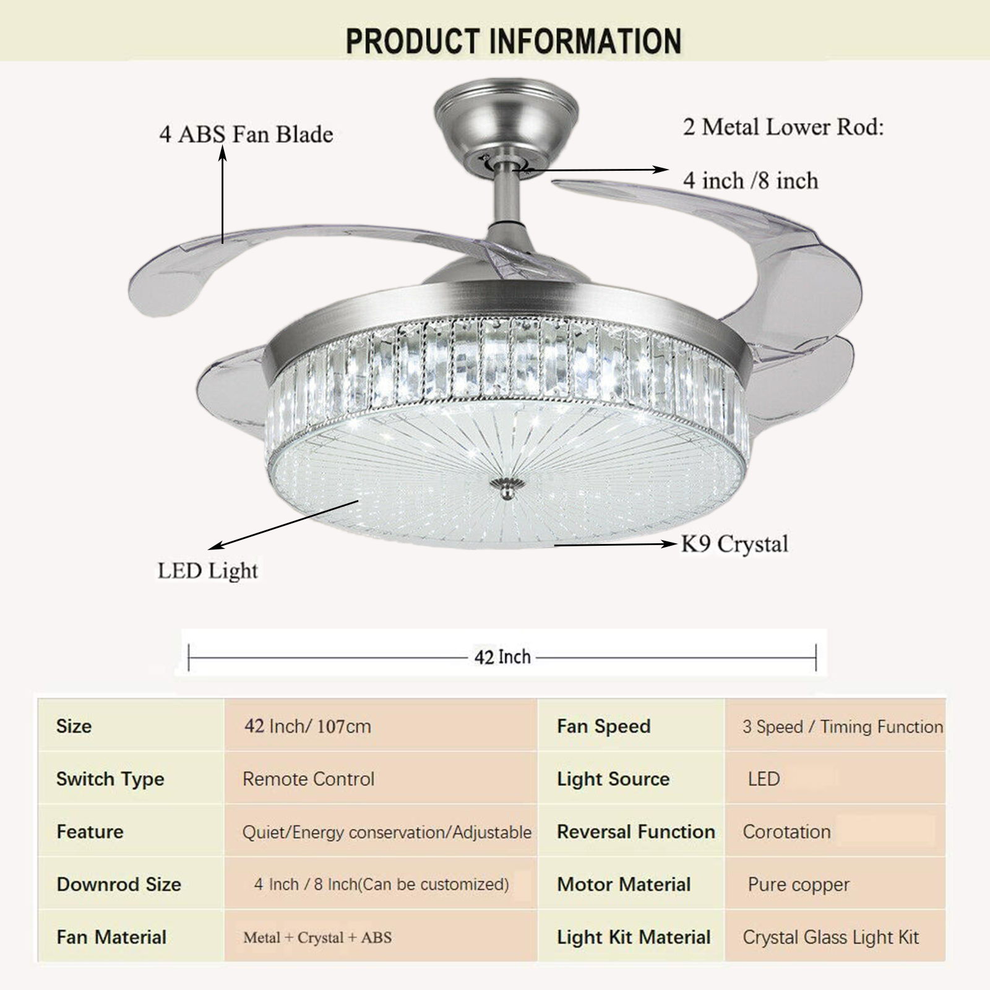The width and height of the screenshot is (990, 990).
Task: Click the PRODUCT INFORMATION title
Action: point(514,41)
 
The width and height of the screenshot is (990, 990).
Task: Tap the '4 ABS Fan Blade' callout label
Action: point(246,134)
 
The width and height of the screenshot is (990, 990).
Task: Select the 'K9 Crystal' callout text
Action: point(734,544)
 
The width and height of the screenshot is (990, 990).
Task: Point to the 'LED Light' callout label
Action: point(208,570)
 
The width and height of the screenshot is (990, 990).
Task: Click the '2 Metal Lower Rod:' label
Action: point(783,127)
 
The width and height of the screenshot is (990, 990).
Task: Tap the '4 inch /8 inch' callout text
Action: point(751,180)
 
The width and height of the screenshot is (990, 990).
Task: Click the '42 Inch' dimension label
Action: point(502,656)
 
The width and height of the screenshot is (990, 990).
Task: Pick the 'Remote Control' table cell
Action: point(308,778)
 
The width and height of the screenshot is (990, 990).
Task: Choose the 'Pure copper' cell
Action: point(798,884)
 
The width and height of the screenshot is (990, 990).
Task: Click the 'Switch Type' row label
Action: point(110,779)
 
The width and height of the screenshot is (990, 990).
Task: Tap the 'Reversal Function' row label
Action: point(636,832)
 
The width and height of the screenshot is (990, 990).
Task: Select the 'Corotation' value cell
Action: point(786,832)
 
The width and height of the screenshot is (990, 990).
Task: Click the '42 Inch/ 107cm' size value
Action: point(308,726)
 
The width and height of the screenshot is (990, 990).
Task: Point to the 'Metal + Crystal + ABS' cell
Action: point(317,937)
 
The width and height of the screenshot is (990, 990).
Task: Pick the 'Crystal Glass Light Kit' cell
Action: point(831,937)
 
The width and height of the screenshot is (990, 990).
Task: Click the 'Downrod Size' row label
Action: point(119,884)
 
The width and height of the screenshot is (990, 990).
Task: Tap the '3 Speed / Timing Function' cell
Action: point(843,726)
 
